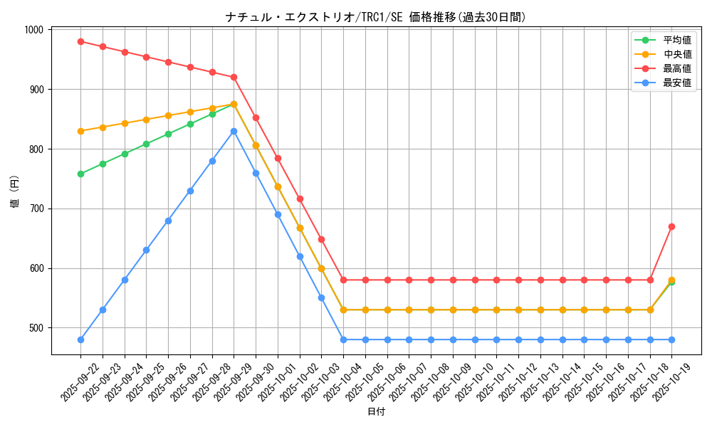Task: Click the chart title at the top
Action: (x=375, y=17)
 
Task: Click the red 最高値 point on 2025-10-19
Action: (x=671, y=226)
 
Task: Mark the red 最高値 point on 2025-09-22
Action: (x=80, y=41)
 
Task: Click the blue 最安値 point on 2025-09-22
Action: (x=80, y=339)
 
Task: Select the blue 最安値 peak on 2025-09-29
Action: (x=234, y=131)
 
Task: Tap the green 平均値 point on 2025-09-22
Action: (x=80, y=174)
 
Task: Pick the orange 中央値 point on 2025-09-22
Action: (x=80, y=131)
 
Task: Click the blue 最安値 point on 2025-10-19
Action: (x=671, y=339)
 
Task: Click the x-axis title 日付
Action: (x=376, y=412)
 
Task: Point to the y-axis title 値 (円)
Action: (x=15, y=192)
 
